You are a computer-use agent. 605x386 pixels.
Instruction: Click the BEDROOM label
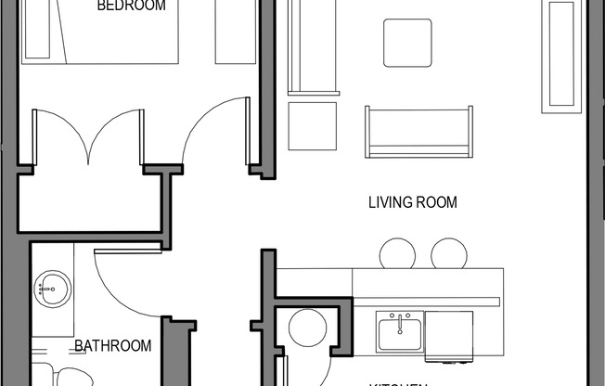point(132,6)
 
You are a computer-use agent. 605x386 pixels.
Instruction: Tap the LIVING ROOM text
point(413,202)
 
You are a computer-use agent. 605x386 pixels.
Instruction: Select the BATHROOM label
point(112,346)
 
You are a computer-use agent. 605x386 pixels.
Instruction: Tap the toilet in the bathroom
point(71,377)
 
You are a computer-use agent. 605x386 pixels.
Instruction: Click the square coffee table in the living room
point(407,43)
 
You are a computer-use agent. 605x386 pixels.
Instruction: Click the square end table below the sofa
point(312,126)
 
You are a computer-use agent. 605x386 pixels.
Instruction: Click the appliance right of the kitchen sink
point(449,335)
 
